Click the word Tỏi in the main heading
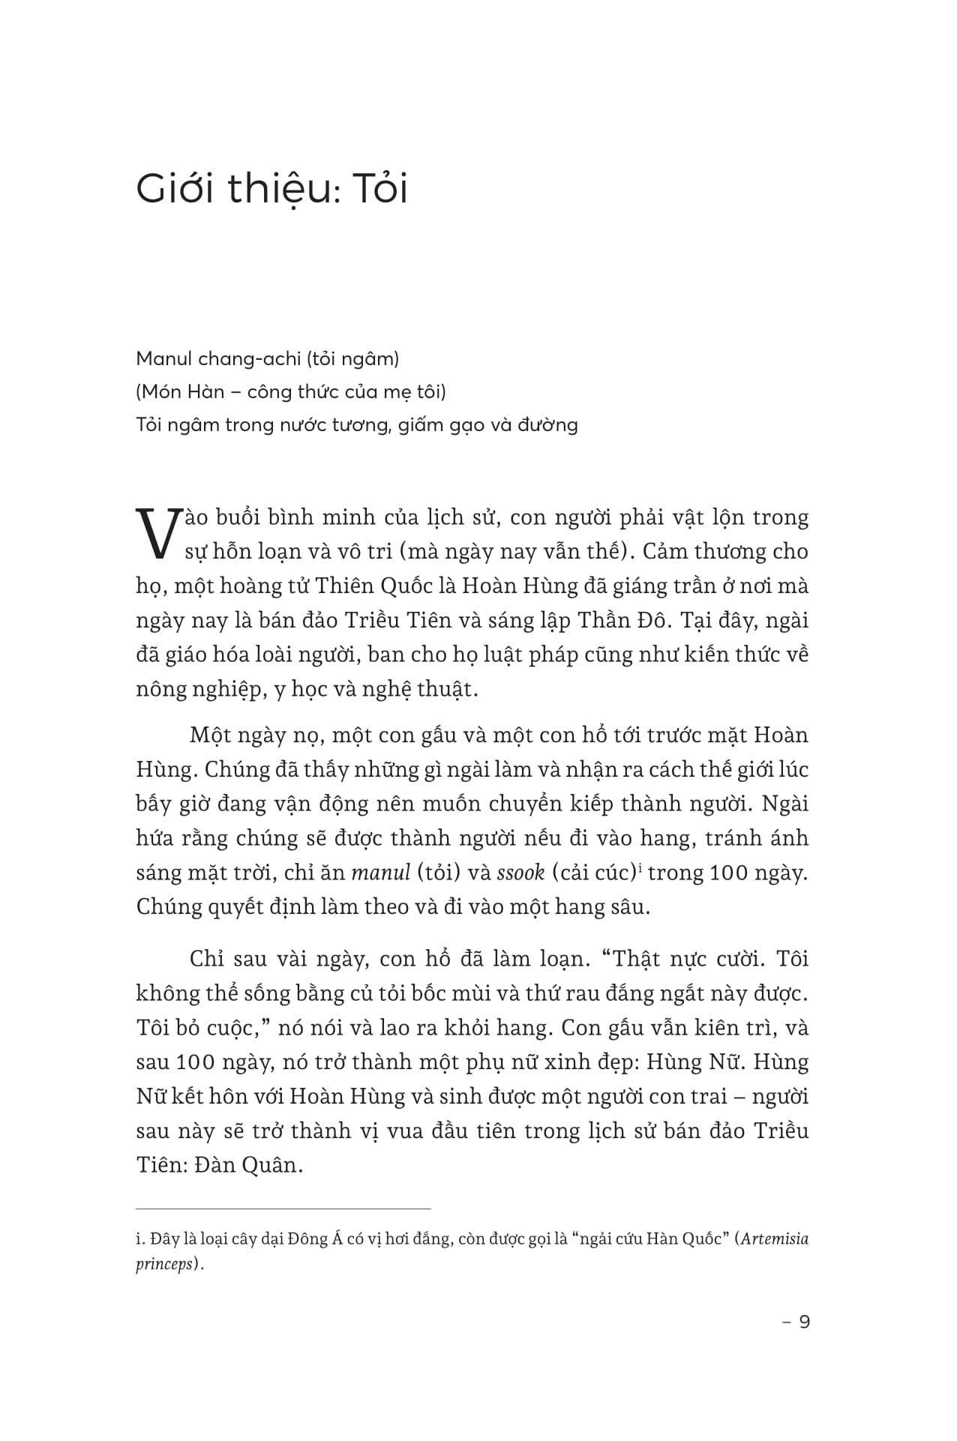(379, 188)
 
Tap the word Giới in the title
(174, 188)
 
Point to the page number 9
(804, 1321)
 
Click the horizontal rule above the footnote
(283, 1208)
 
